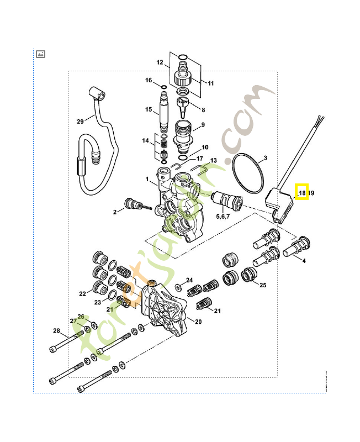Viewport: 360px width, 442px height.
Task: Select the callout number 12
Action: pyautogui.click(x=160, y=64)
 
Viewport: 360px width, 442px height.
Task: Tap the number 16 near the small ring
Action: pyautogui.click(x=149, y=81)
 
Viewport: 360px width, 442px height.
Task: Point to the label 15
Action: pyautogui.click(x=149, y=110)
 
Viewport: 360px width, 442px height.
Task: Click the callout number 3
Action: pyautogui.click(x=265, y=159)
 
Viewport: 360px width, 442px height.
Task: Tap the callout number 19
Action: pyautogui.click(x=311, y=193)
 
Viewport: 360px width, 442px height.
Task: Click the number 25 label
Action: pyautogui.click(x=263, y=285)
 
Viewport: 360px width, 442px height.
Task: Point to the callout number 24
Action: pyautogui.click(x=189, y=280)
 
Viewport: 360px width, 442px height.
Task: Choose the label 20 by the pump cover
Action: pyautogui.click(x=198, y=322)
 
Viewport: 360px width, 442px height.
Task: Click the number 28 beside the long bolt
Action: pyautogui.click(x=56, y=330)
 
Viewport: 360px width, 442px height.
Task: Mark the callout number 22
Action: pyautogui.click(x=83, y=293)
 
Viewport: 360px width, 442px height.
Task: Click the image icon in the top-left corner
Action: pyautogui.click(x=40, y=54)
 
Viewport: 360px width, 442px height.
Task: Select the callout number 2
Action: pyautogui.click(x=115, y=212)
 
